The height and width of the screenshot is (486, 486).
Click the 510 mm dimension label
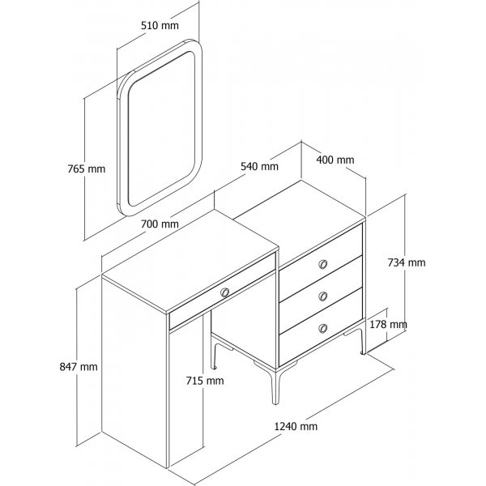(x=160, y=25)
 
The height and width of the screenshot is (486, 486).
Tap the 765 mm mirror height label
(x=87, y=169)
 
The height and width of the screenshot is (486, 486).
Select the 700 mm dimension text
(x=160, y=224)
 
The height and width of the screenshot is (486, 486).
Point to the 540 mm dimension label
(x=260, y=166)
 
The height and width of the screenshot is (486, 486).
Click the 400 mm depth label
(x=335, y=160)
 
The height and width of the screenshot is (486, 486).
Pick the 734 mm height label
(x=407, y=262)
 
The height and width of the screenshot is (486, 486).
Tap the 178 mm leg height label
(x=388, y=324)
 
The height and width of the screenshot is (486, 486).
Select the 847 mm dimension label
(x=79, y=367)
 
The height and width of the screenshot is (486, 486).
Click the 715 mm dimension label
(x=205, y=381)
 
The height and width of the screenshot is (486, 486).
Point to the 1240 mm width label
(x=296, y=426)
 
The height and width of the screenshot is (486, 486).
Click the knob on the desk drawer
(x=224, y=292)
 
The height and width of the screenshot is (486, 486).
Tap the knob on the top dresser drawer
(x=323, y=264)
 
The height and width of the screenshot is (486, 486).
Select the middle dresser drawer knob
(x=323, y=296)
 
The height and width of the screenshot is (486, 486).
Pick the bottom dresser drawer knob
(x=323, y=328)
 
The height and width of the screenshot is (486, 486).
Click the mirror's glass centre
(x=161, y=128)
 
